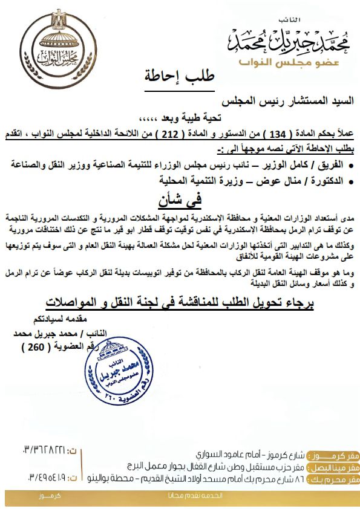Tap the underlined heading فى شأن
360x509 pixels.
click(x=179, y=199)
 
